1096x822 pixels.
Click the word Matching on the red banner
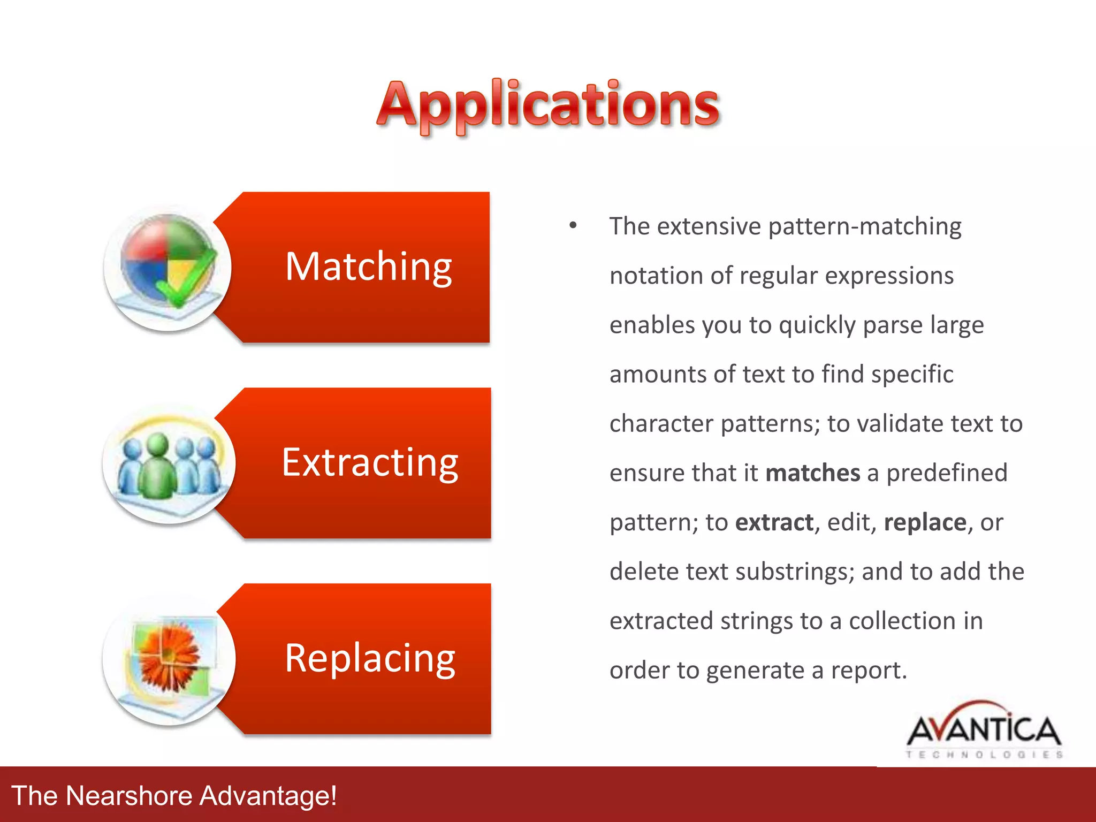click(369, 267)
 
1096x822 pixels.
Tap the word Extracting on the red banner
click(370, 462)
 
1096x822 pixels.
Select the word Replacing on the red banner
click(370, 658)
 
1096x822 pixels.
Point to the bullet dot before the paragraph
click(573, 225)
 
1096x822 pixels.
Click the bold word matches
click(812, 473)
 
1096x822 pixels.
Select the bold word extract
click(774, 522)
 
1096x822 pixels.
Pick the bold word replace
click(925, 522)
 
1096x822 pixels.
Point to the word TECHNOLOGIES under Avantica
click(984, 755)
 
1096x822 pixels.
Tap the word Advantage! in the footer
click(268, 795)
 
